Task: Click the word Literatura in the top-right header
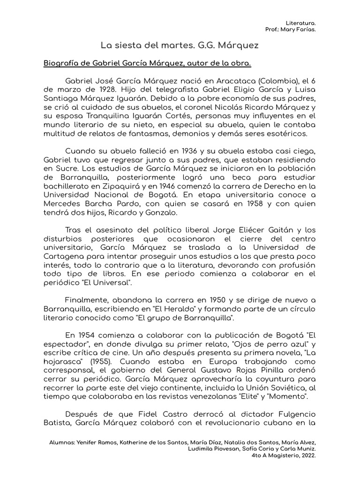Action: pyautogui.click(x=300, y=22)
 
